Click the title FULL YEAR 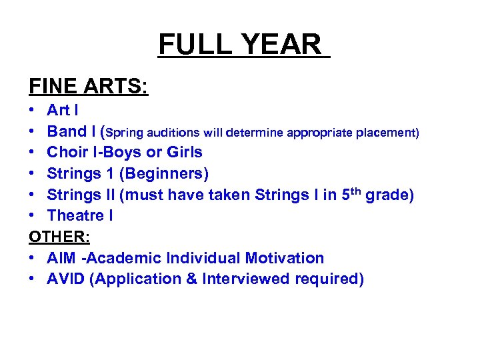(243, 45)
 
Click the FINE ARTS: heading (88, 87)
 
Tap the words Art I (63, 110)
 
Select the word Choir (68, 153)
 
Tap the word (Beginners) (165, 174)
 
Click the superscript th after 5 (357, 191)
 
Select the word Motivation (285, 258)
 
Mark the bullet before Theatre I (33, 216)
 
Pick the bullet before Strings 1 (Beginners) (33, 174)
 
